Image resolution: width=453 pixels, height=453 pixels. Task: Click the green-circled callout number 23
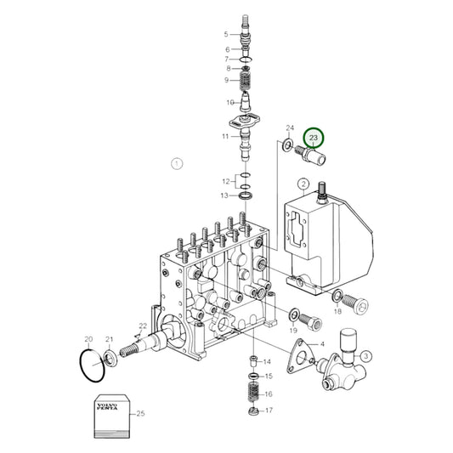315,138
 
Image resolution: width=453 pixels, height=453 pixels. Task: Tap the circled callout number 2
303,184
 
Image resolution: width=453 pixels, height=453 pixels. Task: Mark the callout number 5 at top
225,34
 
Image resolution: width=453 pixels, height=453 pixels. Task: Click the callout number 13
225,195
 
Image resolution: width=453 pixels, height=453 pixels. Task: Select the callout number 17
269,412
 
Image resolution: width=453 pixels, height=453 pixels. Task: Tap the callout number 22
143,327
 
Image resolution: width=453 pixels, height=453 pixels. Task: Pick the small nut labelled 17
253,412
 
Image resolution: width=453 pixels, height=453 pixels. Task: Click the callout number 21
109,340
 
